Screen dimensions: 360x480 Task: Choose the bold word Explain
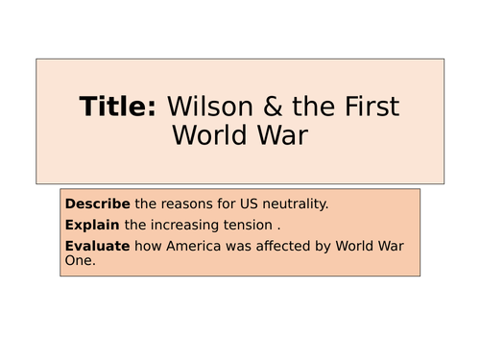[x=92, y=226]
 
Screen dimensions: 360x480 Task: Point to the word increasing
[x=181, y=226]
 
